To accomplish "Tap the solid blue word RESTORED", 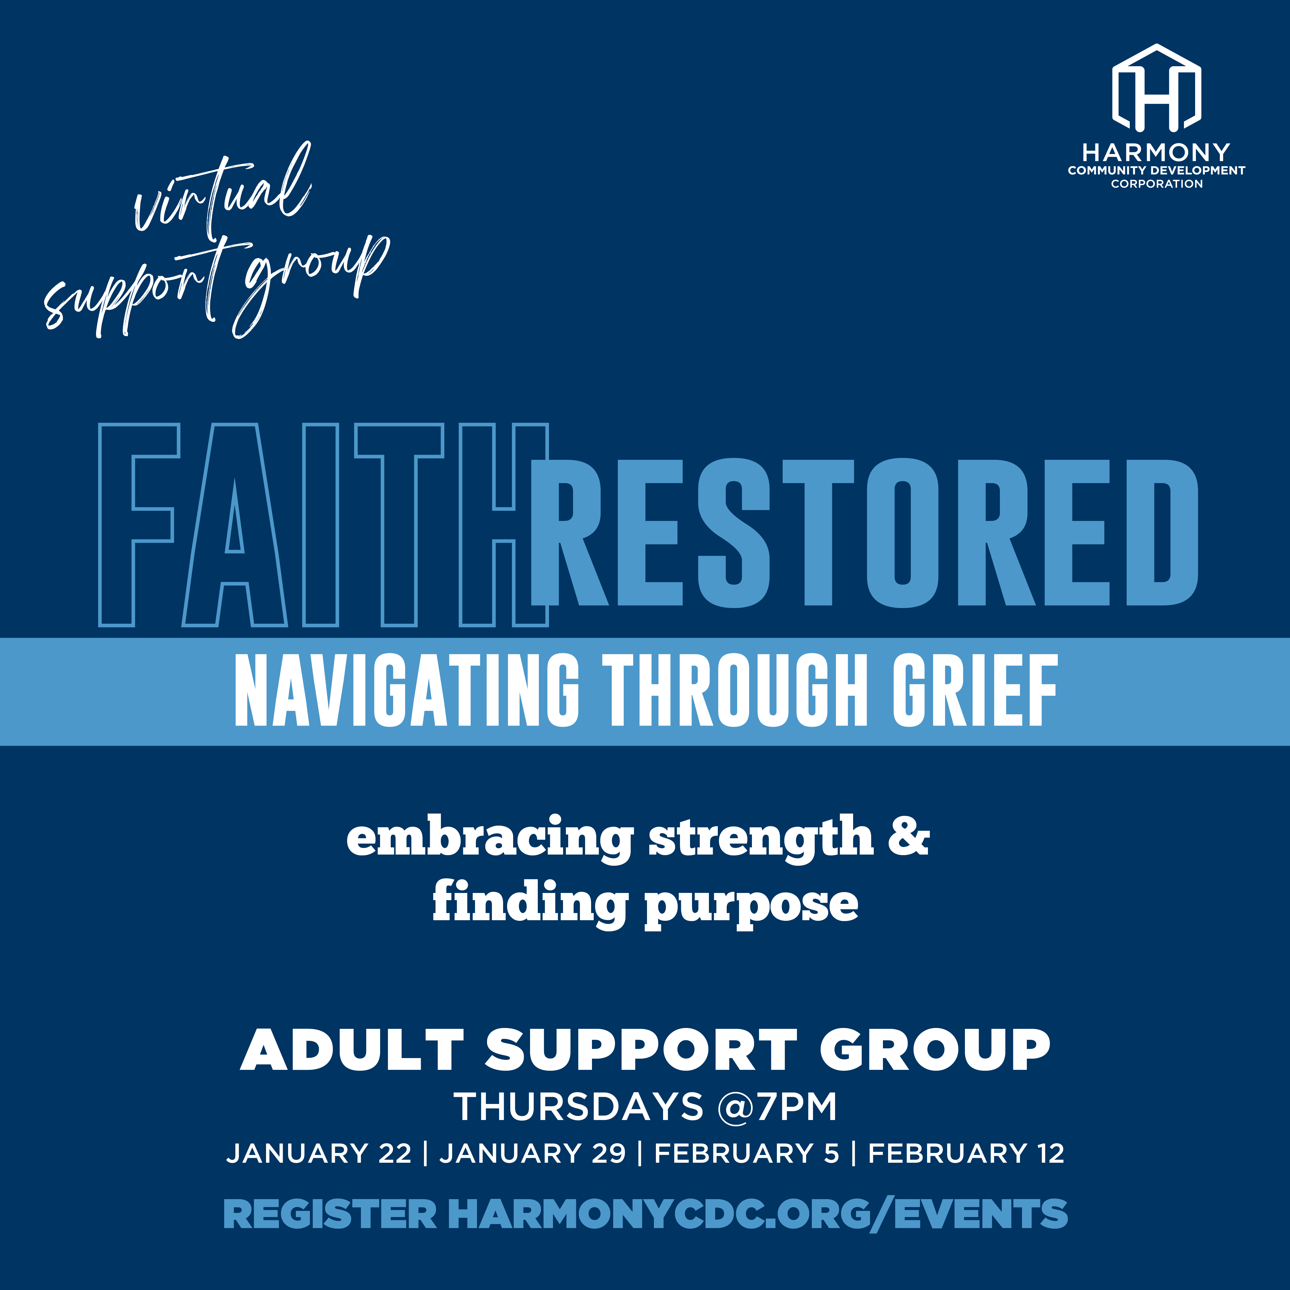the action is (x=865, y=532).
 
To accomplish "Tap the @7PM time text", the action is (x=777, y=1107).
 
